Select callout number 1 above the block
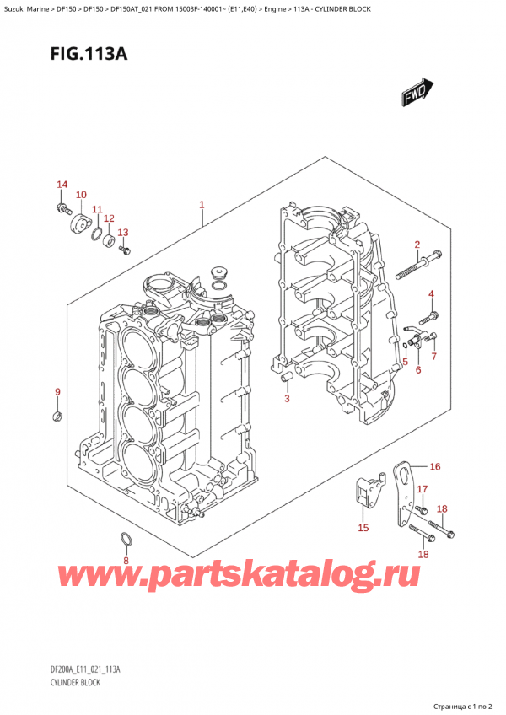[202, 204]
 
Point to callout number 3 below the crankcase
[287, 398]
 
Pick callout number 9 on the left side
[57, 392]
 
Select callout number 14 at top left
[61, 185]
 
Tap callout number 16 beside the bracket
[434, 466]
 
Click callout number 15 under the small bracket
[363, 528]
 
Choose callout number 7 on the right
[434, 357]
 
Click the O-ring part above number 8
[126, 539]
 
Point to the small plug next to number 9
[57, 416]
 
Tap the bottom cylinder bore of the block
[137, 460]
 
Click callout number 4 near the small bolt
[430, 293]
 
